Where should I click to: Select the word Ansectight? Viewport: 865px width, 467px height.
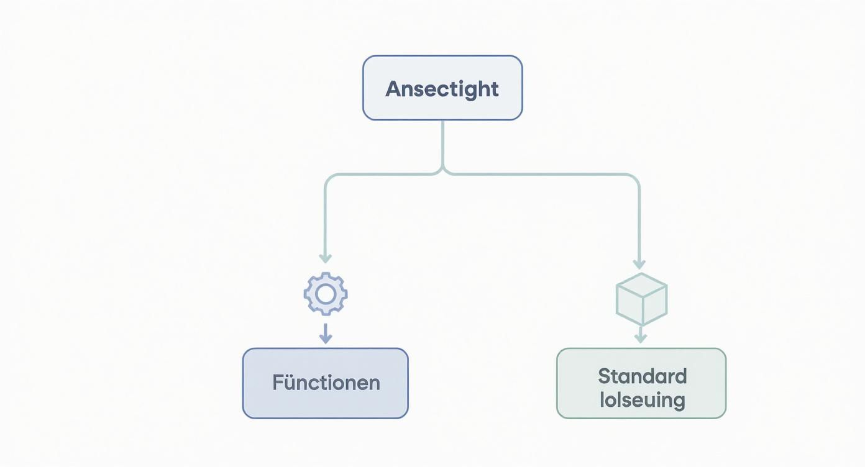pyautogui.click(x=442, y=89)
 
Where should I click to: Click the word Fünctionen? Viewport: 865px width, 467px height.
pyautogui.click(x=326, y=383)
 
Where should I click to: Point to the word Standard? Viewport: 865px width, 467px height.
pyautogui.click(x=642, y=376)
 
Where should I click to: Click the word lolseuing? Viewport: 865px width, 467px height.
pyautogui.click(x=642, y=400)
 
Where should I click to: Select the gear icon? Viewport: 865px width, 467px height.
pyautogui.click(x=326, y=294)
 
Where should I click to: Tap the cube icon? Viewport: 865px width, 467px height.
pyautogui.click(x=641, y=299)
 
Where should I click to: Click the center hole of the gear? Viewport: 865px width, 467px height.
pyautogui.click(x=326, y=294)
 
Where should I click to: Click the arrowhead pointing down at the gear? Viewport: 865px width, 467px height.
pyautogui.click(x=325, y=258)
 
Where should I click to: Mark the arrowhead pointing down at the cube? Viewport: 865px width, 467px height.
pyautogui.click(x=639, y=264)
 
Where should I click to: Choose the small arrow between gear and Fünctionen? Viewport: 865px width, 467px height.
pyautogui.click(x=325, y=335)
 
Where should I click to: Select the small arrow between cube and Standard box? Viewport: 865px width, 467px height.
pyautogui.click(x=641, y=336)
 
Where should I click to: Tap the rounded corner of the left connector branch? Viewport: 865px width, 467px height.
pyautogui.click(x=328, y=178)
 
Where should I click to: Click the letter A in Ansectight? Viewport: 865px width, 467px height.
pyautogui.click(x=394, y=89)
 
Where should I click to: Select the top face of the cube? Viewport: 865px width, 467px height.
pyautogui.click(x=641, y=284)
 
